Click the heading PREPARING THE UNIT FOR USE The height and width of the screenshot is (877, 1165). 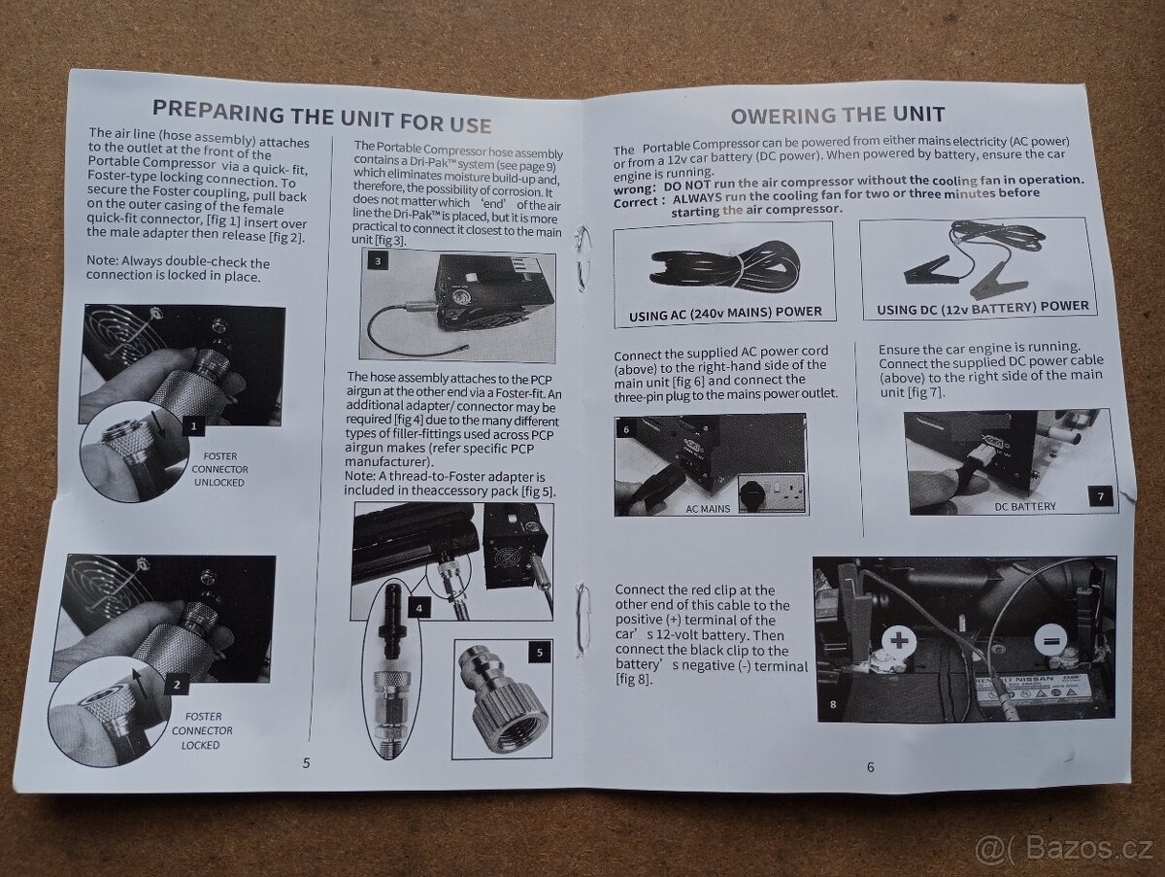[x=321, y=117]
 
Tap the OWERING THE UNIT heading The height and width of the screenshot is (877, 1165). [x=838, y=115]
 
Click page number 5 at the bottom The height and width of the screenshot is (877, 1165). [x=306, y=762]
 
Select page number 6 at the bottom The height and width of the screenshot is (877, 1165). [x=870, y=766]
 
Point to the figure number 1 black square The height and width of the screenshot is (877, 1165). [x=194, y=425]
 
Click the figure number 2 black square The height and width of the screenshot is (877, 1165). [x=177, y=685]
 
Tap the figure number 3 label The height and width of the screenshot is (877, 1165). [x=378, y=260]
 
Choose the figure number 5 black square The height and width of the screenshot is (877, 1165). [x=540, y=653]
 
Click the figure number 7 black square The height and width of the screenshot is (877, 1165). [x=1100, y=496]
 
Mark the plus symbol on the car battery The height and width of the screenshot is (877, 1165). [x=899, y=641]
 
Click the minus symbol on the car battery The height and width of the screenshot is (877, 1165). [x=1048, y=641]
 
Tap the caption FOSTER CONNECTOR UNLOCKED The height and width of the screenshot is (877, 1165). [x=219, y=469]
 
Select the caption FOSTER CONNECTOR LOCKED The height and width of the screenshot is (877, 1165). [x=202, y=730]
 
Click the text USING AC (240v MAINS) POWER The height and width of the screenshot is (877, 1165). [x=725, y=313]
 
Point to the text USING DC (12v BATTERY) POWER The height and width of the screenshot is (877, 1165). [x=982, y=308]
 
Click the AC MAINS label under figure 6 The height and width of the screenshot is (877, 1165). [x=708, y=509]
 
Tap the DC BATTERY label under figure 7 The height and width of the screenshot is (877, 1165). [x=1025, y=506]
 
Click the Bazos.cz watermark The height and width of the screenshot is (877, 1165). [x=1064, y=849]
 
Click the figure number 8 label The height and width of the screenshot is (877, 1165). [x=833, y=705]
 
